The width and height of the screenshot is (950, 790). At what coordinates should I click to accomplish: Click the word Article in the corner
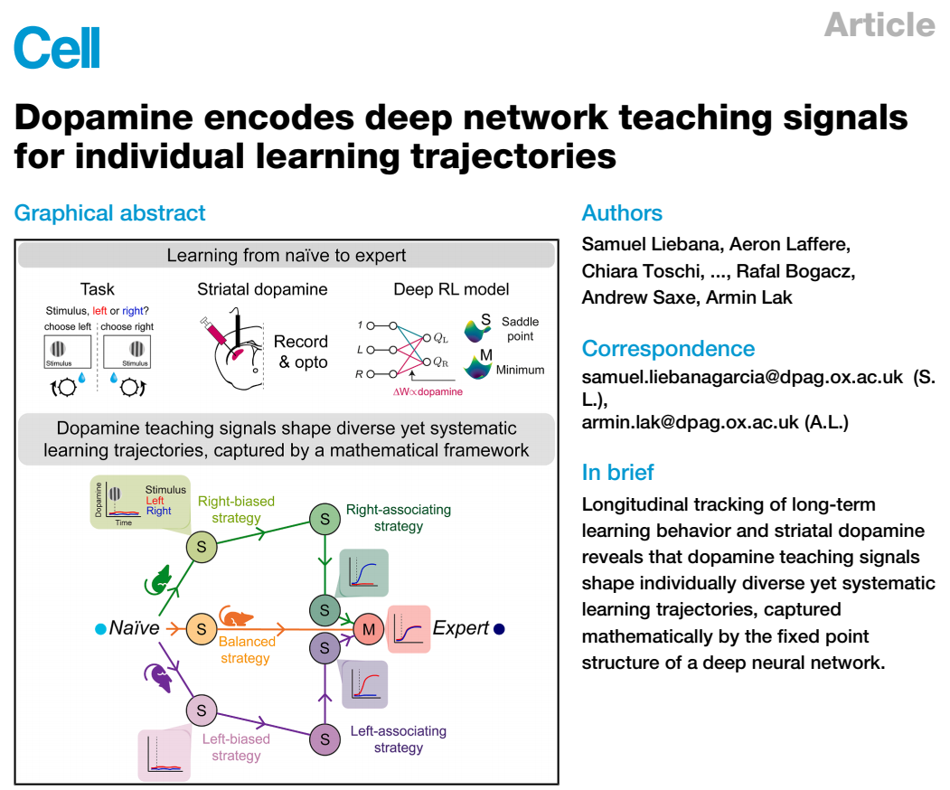click(x=879, y=24)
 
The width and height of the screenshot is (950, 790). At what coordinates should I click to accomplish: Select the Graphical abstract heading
click(x=110, y=213)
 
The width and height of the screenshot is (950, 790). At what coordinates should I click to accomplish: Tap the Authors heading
click(x=622, y=213)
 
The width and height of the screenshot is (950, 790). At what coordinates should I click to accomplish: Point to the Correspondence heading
click(x=668, y=349)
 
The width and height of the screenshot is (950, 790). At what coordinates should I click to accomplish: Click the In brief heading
click(x=618, y=472)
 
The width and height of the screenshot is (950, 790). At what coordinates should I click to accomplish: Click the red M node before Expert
click(x=368, y=628)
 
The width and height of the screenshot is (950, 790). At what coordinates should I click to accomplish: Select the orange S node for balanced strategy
click(x=202, y=628)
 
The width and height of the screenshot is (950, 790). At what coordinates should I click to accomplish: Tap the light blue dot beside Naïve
click(x=100, y=628)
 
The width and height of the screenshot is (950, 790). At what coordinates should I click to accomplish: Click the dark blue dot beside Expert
click(x=499, y=628)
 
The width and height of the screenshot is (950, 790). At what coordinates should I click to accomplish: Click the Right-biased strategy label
click(x=238, y=509)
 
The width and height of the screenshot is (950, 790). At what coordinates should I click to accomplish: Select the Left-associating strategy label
click(x=398, y=738)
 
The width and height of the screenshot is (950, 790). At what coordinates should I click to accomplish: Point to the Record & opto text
click(x=300, y=351)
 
